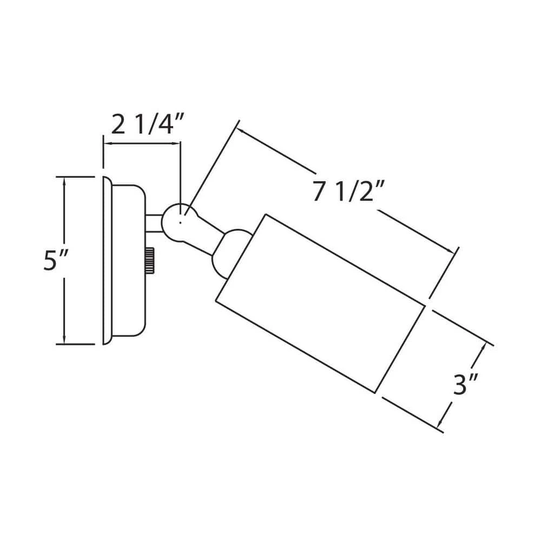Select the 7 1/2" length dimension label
pos(348,191)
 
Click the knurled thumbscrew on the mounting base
pos(150,261)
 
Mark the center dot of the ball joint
pos(181,223)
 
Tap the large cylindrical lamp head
pos(320,304)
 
